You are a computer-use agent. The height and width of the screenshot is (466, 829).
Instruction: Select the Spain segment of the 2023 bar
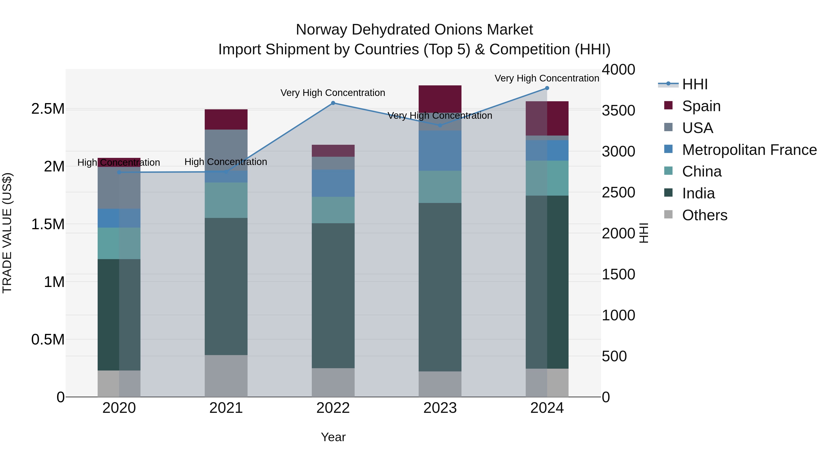[x=440, y=99]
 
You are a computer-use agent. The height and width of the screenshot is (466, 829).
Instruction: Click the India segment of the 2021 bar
[x=226, y=286]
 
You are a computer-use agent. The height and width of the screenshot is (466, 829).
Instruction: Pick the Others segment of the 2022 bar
[x=333, y=382]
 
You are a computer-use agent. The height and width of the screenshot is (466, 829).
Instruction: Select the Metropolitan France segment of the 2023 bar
[x=440, y=151]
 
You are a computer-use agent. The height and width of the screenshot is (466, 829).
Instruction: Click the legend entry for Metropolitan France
[x=749, y=150]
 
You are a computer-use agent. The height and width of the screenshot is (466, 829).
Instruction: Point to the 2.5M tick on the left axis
[x=48, y=109]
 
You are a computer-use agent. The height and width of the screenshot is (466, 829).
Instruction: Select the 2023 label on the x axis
[x=440, y=408]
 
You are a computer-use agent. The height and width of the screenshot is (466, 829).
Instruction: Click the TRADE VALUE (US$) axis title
[x=7, y=233]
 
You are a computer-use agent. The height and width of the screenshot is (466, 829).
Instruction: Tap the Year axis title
[x=333, y=437]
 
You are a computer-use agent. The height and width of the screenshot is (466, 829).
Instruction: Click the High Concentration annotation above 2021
[x=226, y=162]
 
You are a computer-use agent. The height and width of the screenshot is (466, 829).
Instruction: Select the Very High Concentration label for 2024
[x=546, y=78]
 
